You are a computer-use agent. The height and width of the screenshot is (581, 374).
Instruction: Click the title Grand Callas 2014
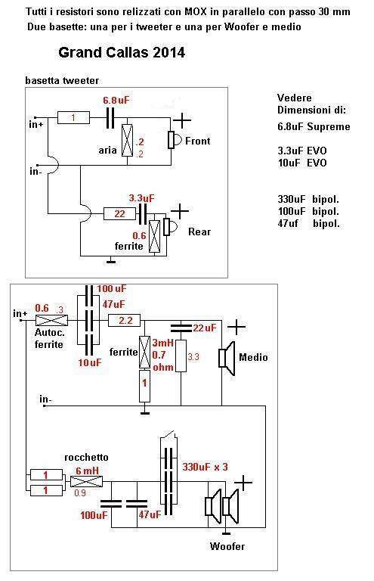(122, 53)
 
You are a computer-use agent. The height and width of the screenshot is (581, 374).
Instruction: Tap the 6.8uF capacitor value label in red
(116, 100)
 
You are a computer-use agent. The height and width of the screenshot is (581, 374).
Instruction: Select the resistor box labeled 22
(119, 214)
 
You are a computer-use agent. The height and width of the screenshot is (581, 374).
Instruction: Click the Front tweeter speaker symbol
(175, 140)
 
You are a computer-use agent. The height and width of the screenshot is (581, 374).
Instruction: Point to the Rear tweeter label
(199, 232)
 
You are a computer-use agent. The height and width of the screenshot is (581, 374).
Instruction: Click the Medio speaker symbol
(227, 359)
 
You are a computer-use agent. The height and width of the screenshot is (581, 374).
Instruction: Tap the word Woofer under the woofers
(227, 546)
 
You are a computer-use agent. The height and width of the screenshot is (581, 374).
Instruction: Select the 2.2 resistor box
(125, 320)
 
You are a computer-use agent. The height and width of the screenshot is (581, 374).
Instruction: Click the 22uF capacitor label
(205, 328)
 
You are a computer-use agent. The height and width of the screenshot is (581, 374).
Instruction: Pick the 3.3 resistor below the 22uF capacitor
(181, 356)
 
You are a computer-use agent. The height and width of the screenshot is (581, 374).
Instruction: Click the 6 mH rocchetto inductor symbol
(86, 482)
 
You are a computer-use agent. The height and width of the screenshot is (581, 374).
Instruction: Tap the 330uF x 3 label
(205, 467)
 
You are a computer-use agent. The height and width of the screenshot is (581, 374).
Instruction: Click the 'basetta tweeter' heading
(62, 80)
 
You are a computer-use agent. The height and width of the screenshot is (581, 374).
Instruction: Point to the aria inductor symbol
(127, 140)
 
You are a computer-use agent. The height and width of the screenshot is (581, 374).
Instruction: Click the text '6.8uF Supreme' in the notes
(314, 127)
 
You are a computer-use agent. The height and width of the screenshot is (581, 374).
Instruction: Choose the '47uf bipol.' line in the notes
(308, 223)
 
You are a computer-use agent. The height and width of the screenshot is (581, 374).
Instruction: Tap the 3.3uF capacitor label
(142, 198)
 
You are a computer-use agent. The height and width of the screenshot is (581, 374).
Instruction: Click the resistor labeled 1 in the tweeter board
(73, 117)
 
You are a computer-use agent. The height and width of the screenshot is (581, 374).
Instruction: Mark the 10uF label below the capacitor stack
(89, 362)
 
